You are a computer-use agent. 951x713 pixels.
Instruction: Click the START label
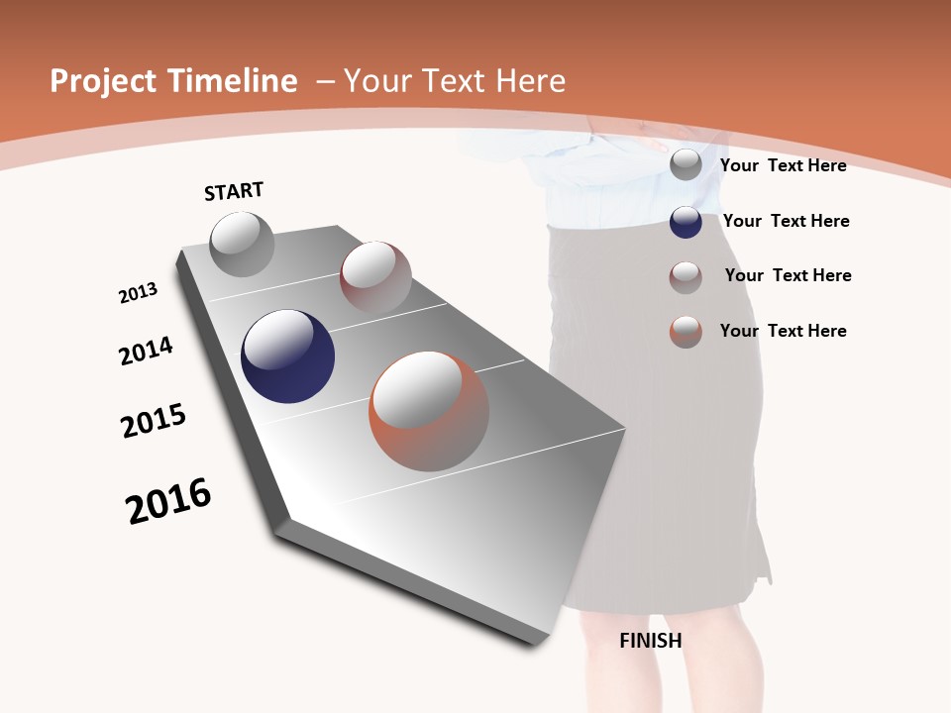(x=234, y=191)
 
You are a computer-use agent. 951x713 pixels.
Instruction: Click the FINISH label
(x=651, y=641)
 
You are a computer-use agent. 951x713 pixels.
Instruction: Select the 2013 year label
(x=138, y=293)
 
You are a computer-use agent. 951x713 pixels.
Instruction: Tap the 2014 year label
(x=146, y=351)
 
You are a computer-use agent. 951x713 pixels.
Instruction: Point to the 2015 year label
(x=154, y=420)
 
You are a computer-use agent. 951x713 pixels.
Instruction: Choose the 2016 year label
(x=168, y=501)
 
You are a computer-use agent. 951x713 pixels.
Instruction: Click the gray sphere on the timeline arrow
(x=242, y=244)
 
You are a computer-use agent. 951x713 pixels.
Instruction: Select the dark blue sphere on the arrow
(x=287, y=356)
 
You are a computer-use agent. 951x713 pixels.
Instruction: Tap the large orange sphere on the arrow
(x=429, y=411)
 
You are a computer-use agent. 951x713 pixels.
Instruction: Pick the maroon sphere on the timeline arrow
(x=375, y=276)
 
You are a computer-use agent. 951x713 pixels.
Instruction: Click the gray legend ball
(x=686, y=164)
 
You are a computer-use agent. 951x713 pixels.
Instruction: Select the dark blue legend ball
(x=686, y=222)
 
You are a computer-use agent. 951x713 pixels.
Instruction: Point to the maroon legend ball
(x=686, y=277)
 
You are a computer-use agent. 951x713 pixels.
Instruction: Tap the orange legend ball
(x=686, y=332)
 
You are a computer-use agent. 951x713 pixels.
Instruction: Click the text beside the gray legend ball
(x=783, y=165)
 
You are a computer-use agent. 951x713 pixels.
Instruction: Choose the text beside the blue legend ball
(x=786, y=221)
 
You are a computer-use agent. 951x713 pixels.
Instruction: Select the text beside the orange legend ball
(x=783, y=331)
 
